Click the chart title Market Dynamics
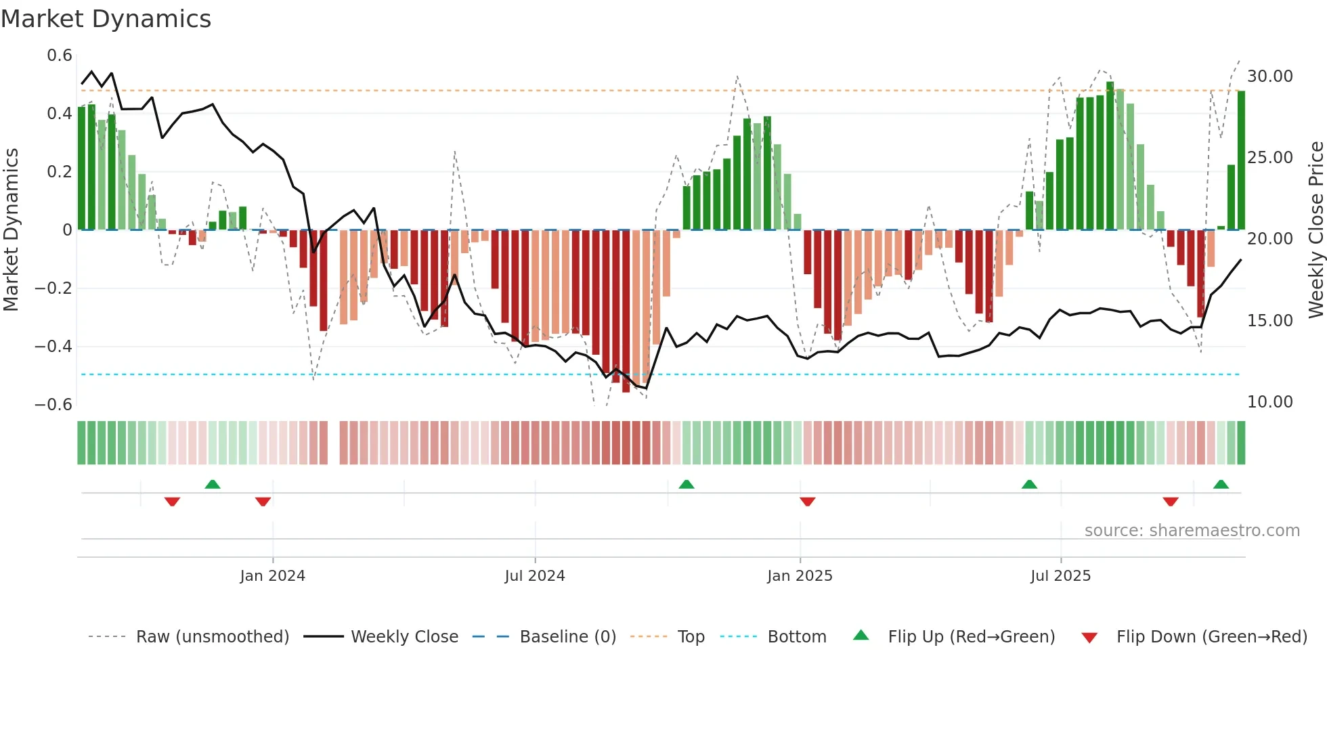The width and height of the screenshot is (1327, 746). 106,19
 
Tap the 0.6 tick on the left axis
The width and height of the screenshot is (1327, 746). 60,56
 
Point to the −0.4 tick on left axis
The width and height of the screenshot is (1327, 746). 53,347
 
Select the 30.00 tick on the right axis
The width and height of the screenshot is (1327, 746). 1270,76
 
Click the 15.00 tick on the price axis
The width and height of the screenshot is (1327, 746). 1270,321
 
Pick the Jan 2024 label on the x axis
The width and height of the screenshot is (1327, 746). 272,576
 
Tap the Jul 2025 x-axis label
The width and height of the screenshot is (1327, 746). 1060,576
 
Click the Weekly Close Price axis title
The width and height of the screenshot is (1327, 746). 1315,230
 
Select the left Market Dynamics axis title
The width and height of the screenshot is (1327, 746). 11,230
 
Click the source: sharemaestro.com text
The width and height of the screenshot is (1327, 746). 1192,531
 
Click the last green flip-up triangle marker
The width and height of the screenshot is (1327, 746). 1221,485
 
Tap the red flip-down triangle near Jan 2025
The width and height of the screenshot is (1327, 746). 807,502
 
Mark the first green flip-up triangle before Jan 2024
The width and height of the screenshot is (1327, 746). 213,485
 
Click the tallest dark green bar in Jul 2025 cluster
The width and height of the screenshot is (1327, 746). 1110,156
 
